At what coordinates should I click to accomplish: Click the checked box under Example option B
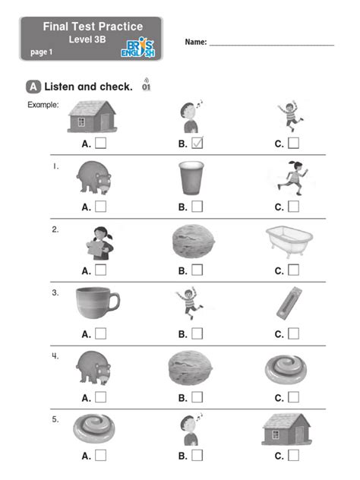(198, 142)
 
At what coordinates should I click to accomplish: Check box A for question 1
(101, 205)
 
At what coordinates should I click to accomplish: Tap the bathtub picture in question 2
(286, 242)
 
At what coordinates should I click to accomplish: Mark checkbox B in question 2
(197, 270)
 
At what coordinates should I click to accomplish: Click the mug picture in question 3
(96, 305)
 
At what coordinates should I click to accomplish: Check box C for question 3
(294, 333)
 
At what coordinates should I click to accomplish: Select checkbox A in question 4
(101, 396)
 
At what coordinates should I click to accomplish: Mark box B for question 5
(197, 456)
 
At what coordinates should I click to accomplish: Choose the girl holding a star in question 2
(98, 242)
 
